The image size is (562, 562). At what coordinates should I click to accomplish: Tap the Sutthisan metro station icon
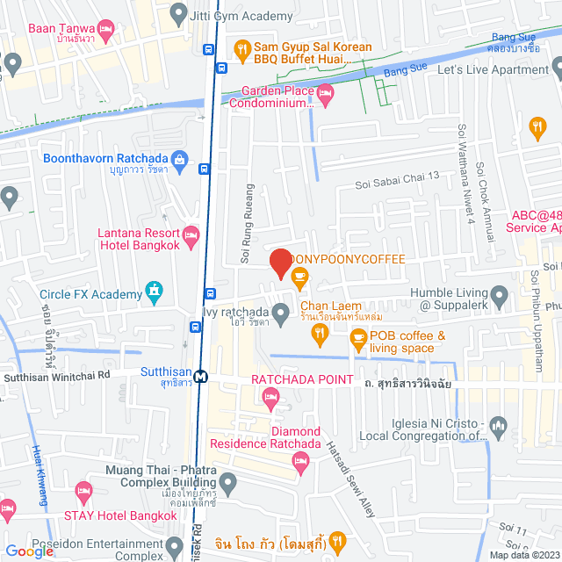[x=201, y=375]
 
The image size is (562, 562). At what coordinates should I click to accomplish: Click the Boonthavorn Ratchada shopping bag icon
[x=179, y=159]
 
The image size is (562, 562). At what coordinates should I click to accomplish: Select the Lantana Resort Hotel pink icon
[x=191, y=234]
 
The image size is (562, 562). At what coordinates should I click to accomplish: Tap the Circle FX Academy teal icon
[x=155, y=289]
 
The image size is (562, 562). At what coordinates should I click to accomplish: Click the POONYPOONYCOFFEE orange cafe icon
[x=299, y=277]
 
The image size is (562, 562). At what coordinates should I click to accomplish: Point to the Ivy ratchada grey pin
[x=280, y=312]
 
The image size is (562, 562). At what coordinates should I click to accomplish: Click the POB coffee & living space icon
[x=357, y=337]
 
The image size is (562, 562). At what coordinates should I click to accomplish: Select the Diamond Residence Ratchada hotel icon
[x=303, y=464]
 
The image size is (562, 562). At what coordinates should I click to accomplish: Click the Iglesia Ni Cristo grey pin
[x=499, y=428]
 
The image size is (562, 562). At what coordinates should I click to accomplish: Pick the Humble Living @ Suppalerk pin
[x=499, y=294]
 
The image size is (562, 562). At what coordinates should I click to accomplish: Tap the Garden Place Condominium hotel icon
[x=325, y=91]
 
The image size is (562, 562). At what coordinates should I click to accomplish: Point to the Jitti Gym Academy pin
[x=179, y=13]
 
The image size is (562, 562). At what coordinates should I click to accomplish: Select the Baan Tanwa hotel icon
[x=105, y=29]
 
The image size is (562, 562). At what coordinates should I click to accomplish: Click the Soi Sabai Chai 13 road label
[x=397, y=183]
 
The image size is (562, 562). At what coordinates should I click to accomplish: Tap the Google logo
[x=29, y=551]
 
